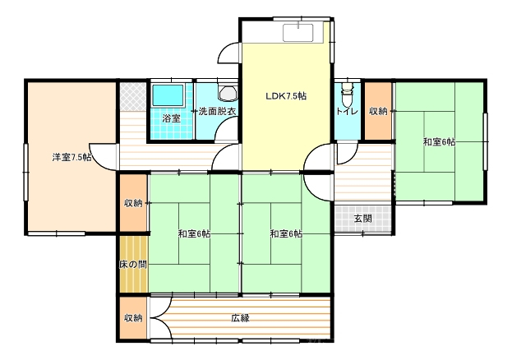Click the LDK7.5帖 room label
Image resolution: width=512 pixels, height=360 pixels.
pyautogui.click(x=286, y=96)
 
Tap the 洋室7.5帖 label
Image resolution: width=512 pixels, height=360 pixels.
pyautogui.click(x=71, y=157)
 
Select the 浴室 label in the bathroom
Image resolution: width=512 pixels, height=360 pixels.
pyautogui.click(x=172, y=118)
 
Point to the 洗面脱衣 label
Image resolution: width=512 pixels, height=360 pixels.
pyautogui.click(x=217, y=112)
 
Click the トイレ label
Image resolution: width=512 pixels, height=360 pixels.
pyautogui.click(x=347, y=112)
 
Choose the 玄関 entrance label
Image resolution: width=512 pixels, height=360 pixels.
pyautogui.click(x=363, y=219)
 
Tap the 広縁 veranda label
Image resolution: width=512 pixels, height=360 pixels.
pyautogui.click(x=241, y=318)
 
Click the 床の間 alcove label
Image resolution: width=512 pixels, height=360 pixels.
pyautogui.click(x=132, y=265)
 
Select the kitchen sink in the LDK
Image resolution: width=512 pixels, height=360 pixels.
pyautogui.click(x=298, y=33)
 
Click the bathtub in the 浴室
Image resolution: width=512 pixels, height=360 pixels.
pyautogui.click(x=168, y=95)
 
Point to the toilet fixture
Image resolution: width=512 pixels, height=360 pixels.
pyautogui.click(x=347, y=93)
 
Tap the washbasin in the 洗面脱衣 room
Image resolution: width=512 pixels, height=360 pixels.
pyautogui.click(x=228, y=93)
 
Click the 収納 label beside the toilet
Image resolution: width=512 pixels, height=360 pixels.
pyautogui.click(x=378, y=111)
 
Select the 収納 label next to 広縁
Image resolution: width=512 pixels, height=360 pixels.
pyautogui.click(x=133, y=318)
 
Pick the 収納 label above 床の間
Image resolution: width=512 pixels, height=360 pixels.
pyautogui.click(x=133, y=203)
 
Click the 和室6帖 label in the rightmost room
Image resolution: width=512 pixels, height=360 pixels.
pyautogui.click(x=439, y=142)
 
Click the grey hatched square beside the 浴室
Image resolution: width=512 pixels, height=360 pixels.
pyautogui.click(x=132, y=97)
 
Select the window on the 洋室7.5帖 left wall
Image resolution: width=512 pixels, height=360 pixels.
pyautogui.click(x=25, y=172)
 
